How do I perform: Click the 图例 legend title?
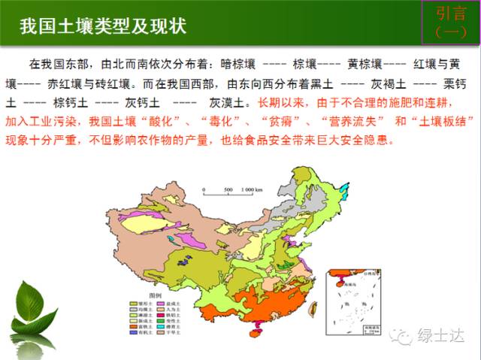pyautogui.click(x=156, y=295)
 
